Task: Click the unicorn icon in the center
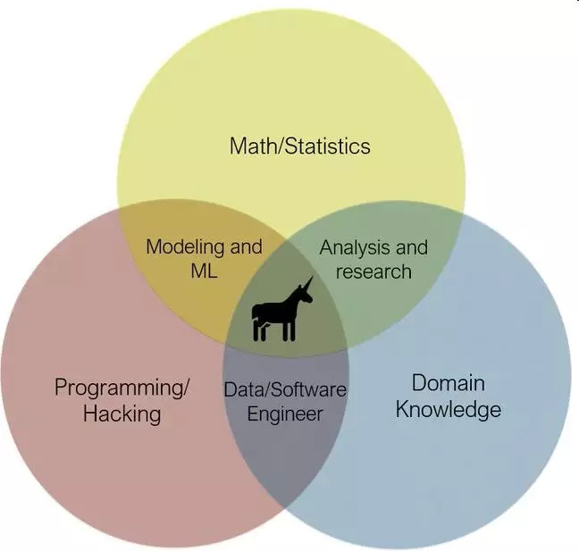click(x=281, y=311)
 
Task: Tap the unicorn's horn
click(x=308, y=283)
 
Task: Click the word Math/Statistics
click(x=299, y=146)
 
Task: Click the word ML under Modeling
click(x=204, y=271)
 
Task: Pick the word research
click(x=373, y=271)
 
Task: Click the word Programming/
click(x=122, y=388)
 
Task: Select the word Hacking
click(x=122, y=413)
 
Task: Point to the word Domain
click(x=448, y=383)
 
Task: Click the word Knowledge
click(x=448, y=410)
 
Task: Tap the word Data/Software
click(x=284, y=390)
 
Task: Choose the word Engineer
click(x=284, y=414)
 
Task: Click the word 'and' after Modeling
click(x=247, y=246)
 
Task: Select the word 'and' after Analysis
click(x=411, y=247)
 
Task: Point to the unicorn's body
click(x=275, y=312)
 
